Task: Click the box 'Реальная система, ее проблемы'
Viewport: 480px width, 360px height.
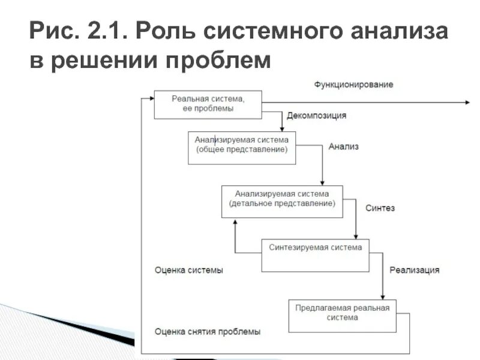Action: tap(208, 104)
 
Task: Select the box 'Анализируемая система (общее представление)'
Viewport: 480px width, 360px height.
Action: tap(241, 147)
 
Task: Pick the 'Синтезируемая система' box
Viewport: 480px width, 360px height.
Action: tap(315, 254)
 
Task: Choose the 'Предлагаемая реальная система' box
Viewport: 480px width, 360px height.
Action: tap(342, 315)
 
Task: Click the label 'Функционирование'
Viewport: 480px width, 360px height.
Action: tap(353, 85)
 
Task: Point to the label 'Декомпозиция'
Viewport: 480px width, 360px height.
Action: tap(316, 116)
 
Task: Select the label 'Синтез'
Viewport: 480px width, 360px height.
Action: tap(380, 208)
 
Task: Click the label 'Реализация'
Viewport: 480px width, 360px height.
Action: tap(414, 270)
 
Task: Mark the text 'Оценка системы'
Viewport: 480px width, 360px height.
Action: tap(189, 270)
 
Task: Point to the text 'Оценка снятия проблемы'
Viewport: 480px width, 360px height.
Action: tap(208, 331)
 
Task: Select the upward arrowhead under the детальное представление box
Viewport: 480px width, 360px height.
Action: tap(235, 221)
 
